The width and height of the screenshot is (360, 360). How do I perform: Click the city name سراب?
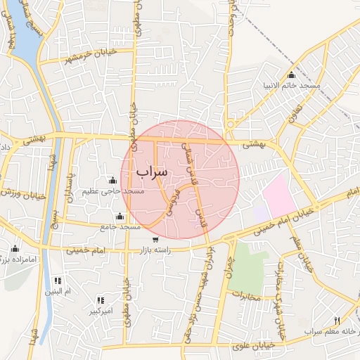pyautogui.click(x=152, y=171)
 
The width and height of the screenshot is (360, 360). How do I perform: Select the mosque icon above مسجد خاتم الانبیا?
pyautogui.click(x=291, y=75)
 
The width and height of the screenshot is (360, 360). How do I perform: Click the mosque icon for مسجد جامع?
pyautogui.click(x=119, y=216)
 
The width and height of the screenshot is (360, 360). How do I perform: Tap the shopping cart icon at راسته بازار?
pyautogui.click(x=155, y=240)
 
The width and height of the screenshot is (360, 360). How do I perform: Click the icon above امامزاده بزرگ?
pyautogui.click(x=15, y=248)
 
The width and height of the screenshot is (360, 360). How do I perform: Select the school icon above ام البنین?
pyautogui.click(x=57, y=280)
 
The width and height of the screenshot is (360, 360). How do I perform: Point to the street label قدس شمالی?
pyautogui.click(x=188, y=159)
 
